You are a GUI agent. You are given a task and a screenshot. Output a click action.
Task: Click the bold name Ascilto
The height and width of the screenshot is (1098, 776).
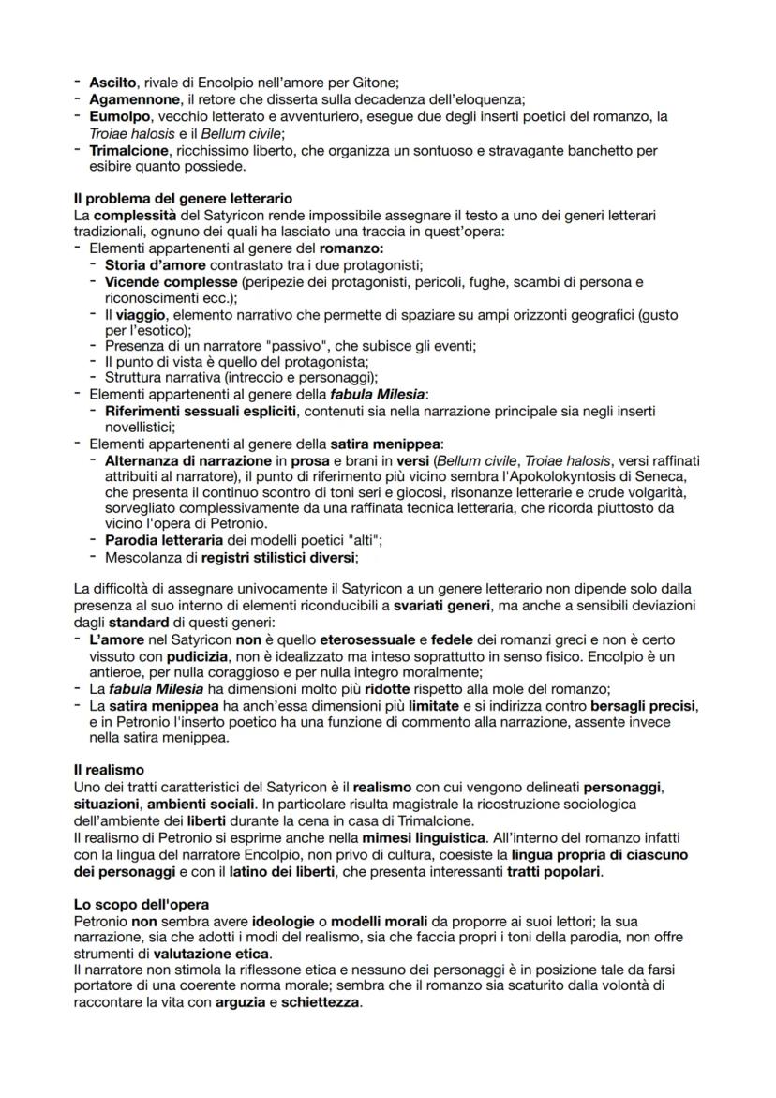click(112, 83)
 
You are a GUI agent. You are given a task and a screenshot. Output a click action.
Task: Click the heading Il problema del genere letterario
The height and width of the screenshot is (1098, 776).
click(182, 198)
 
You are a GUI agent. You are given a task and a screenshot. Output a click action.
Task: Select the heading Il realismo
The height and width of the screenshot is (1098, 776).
click(109, 769)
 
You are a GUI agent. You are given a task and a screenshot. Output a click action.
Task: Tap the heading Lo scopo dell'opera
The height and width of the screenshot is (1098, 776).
click(142, 905)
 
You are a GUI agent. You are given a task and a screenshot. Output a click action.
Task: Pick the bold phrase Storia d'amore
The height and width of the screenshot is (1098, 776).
click(154, 265)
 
